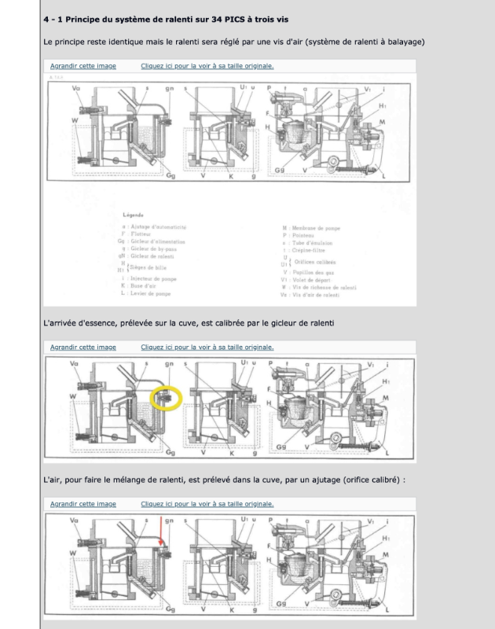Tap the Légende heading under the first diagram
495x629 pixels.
point(137,213)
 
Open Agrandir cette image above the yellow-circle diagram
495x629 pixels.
point(83,347)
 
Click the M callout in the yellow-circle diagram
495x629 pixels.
point(383,399)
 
